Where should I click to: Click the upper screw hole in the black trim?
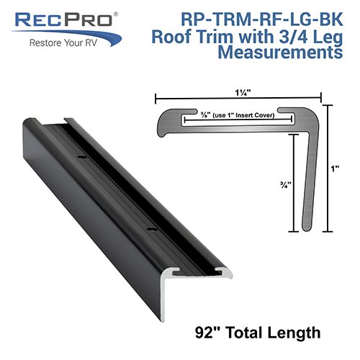[x=81, y=155]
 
